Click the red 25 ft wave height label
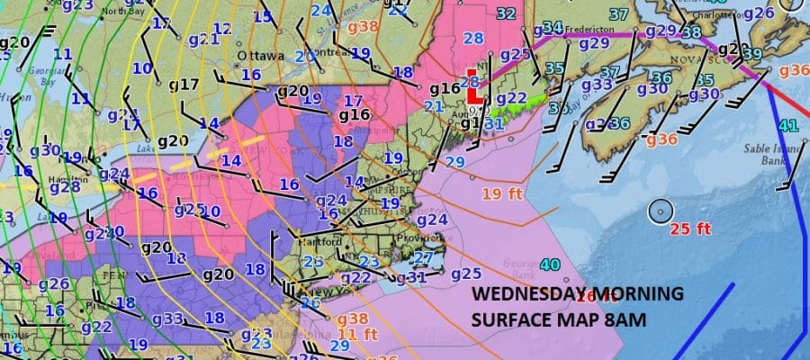(x=690, y=229)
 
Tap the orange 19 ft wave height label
(x=500, y=193)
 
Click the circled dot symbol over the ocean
(x=661, y=211)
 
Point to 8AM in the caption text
(x=630, y=319)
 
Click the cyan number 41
(x=788, y=126)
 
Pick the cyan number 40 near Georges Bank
(x=551, y=265)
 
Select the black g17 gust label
(x=184, y=85)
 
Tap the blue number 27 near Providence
(x=423, y=257)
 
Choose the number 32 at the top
(x=506, y=13)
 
